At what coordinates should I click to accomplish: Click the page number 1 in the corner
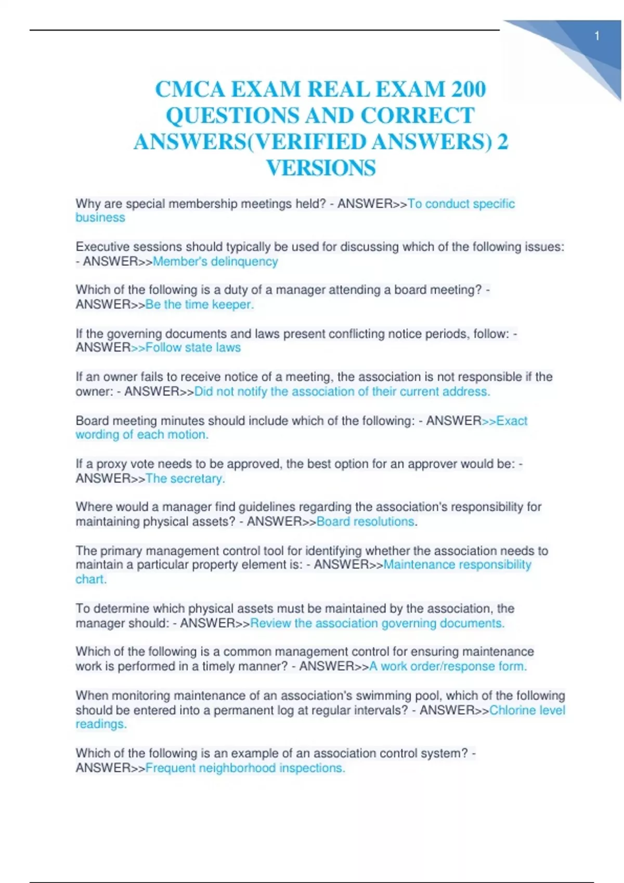click(x=597, y=36)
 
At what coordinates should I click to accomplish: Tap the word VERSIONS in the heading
click(x=321, y=168)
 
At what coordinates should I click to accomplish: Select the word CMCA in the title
click(x=190, y=89)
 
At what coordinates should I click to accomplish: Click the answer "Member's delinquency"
click(x=215, y=261)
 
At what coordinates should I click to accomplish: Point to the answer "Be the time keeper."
click(x=200, y=304)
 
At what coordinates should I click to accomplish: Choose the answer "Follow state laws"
click(x=193, y=347)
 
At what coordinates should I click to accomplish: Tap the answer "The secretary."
click(x=185, y=478)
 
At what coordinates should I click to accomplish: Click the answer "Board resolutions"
click(x=365, y=521)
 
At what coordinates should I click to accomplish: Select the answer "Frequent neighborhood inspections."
click(x=245, y=768)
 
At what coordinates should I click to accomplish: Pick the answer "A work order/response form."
click(x=448, y=666)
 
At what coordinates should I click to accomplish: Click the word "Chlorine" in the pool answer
click(x=513, y=710)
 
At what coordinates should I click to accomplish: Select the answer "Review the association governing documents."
click(x=377, y=623)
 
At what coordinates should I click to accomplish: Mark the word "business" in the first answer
click(x=100, y=218)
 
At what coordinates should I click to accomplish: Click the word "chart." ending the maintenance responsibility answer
click(x=91, y=579)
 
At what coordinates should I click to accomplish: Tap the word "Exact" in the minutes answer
click(x=512, y=421)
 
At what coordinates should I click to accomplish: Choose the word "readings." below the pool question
click(x=101, y=724)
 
